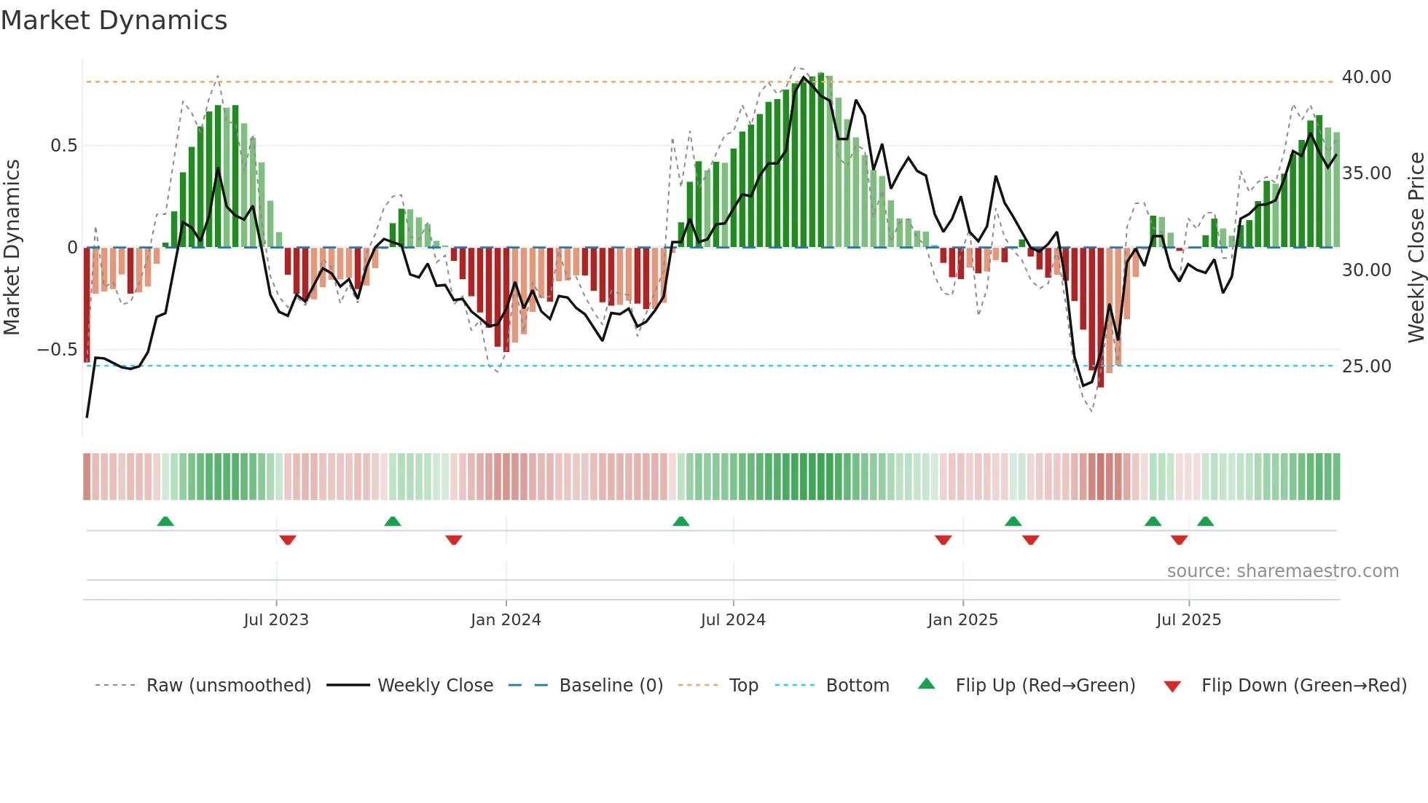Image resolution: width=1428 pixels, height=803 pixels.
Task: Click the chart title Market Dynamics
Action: pyautogui.click(x=114, y=20)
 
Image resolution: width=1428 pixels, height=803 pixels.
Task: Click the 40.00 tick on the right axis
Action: pyautogui.click(x=1366, y=77)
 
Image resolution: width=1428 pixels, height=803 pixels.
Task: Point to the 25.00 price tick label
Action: pyautogui.click(x=1366, y=367)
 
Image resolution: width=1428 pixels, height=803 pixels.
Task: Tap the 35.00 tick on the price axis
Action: pyautogui.click(x=1366, y=173)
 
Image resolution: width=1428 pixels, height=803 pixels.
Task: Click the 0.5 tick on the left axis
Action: pyautogui.click(x=63, y=146)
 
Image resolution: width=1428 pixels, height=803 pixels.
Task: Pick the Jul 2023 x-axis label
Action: pyautogui.click(x=276, y=620)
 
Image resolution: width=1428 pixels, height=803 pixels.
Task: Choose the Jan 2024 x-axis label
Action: pyautogui.click(x=506, y=620)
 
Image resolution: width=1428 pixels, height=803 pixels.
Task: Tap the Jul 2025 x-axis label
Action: pyautogui.click(x=1188, y=620)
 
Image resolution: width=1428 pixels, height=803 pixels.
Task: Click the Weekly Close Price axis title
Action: pyautogui.click(x=1416, y=248)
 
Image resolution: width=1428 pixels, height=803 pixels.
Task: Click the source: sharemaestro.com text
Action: pyautogui.click(x=1282, y=571)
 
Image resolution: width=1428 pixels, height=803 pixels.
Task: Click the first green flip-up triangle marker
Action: pyautogui.click(x=165, y=522)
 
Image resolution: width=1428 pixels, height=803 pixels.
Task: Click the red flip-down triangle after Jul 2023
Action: pyautogui.click(x=288, y=540)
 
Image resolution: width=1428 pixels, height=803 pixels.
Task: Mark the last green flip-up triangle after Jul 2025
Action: pyautogui.click(x=1205, y=522)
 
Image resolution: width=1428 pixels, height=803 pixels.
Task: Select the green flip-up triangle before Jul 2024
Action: pyautogui.click(x=680, y=522)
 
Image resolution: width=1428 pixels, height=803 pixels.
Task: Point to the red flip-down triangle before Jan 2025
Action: pyautogui.click(x=943, y=540)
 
